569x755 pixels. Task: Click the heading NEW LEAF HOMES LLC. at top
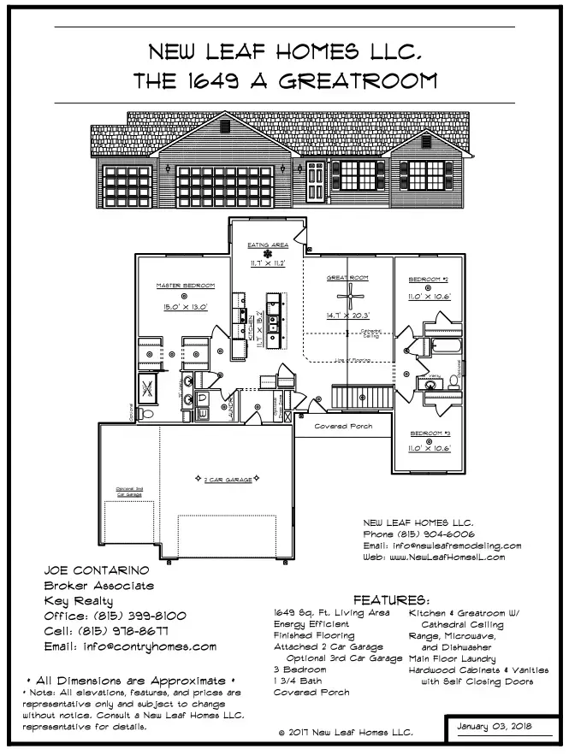pyautogui.click(x=285, y=52)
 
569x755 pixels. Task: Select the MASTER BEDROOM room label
pyautogui.click(x=184, y=285)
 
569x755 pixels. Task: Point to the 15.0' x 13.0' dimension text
pyautogui.click(x=184, y=305)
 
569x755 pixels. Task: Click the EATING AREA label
pyautogui.click(x=267, y=245)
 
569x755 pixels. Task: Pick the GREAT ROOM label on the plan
pyautogui.click(x=347, y=278)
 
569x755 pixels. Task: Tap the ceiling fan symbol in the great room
pyautogui.click(x=348, y=298)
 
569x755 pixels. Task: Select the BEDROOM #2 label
pyautogui.click(x=430, y=280)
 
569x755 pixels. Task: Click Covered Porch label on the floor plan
pyautogui.click(x=343, y=425)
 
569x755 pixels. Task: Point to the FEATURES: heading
pyautogui.click(x=391, y=600)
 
